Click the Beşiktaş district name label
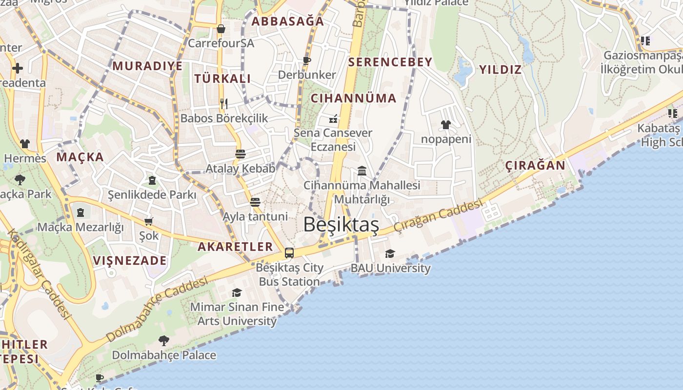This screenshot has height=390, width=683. click(341, 225)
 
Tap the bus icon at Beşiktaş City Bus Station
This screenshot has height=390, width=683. click(289, 253)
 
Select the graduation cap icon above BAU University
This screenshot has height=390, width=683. click(390, 253)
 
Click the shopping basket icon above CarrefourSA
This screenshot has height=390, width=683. click(221, 29)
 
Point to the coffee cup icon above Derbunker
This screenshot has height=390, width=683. click(307, 60)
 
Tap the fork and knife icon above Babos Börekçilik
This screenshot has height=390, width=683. click(224, 103)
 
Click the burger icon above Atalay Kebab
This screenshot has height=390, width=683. click(240, 154)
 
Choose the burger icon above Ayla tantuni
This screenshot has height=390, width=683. click(255, 202)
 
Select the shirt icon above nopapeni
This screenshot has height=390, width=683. click(446, 125)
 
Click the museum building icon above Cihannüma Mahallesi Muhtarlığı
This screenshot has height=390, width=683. click(362, 171)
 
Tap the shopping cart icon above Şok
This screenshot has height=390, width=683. click(149, 221)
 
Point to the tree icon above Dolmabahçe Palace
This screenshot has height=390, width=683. click(164, 340)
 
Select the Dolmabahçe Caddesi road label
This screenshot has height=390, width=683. click(157, 309)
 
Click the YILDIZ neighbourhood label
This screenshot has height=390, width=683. click(500, 69)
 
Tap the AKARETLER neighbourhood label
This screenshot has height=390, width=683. click(235, 246)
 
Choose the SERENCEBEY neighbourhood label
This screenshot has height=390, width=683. click(390, 62)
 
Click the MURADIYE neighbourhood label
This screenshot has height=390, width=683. click(148, 66)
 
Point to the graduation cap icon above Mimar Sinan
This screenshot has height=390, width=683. click(237, 292)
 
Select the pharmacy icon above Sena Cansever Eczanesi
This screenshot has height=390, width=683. click(334, 118)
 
